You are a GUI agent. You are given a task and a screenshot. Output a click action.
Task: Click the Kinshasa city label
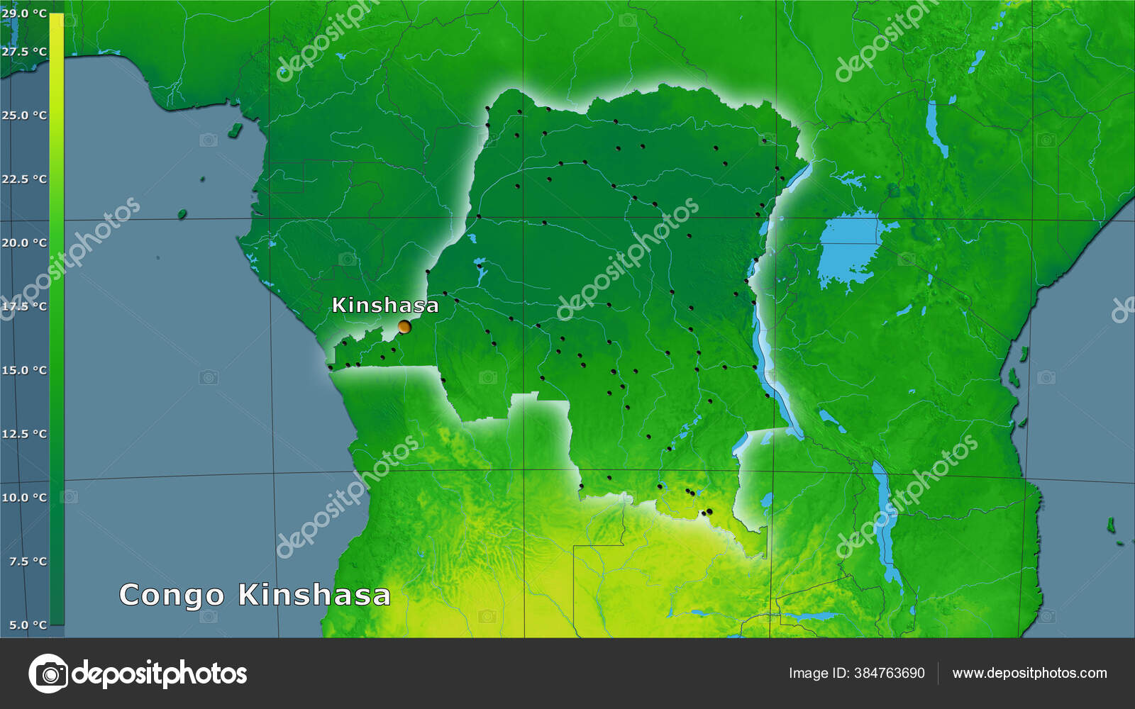[x=385, y=305]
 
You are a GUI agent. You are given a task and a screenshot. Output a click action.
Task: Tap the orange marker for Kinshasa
[x=404, y=327]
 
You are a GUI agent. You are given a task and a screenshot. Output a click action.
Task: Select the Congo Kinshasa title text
[x=255, y=595]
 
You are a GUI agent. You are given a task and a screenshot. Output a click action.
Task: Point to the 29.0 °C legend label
[x=24, y=13]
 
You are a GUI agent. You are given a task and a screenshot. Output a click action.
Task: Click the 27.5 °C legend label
[x=24, y=52]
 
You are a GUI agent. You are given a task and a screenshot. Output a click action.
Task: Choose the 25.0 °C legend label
[x=24, y=115]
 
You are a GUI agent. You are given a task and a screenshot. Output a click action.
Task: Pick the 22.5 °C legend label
[x=24, y=179]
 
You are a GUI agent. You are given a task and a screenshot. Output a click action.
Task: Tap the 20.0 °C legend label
[x=24, y=242]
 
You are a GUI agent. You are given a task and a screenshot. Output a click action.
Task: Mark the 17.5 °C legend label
[x=24, y=306]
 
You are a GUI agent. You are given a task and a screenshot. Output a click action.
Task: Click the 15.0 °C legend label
[x=24, y=370]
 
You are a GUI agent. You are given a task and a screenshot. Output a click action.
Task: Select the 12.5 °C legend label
[x=24, y=434]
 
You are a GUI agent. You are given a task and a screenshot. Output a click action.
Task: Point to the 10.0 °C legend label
[x=24, y=498]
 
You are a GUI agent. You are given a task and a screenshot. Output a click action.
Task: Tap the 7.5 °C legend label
[x=28, y=562]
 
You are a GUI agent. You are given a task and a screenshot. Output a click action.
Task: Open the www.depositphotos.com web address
[x=1029, y=673]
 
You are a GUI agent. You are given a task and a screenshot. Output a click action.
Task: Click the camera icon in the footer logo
[x=48, y=673]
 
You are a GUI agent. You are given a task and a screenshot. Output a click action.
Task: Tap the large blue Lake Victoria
[x=851, y=248]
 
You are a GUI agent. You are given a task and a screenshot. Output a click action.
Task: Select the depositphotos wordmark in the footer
[x=160, y=674]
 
